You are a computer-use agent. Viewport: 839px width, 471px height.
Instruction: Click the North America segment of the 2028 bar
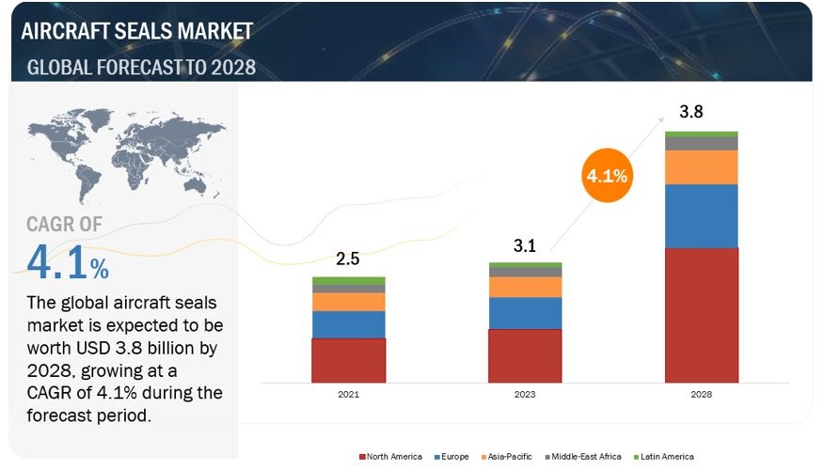701,315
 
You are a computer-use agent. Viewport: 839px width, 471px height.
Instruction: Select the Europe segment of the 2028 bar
701,216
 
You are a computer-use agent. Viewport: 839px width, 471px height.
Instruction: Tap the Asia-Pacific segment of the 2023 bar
525,287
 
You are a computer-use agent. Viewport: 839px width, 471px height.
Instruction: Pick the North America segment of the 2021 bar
348,360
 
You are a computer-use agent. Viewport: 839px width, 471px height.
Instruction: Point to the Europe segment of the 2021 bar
348,324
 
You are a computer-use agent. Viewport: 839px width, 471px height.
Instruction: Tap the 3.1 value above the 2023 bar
525,246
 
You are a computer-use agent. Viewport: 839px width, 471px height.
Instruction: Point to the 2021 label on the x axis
348,395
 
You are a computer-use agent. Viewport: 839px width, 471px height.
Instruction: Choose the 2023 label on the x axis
525,395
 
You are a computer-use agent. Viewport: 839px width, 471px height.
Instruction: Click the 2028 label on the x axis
701,395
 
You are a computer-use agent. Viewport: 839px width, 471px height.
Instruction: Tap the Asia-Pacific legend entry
507,456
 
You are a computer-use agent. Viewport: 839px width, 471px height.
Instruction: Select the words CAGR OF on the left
65,224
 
